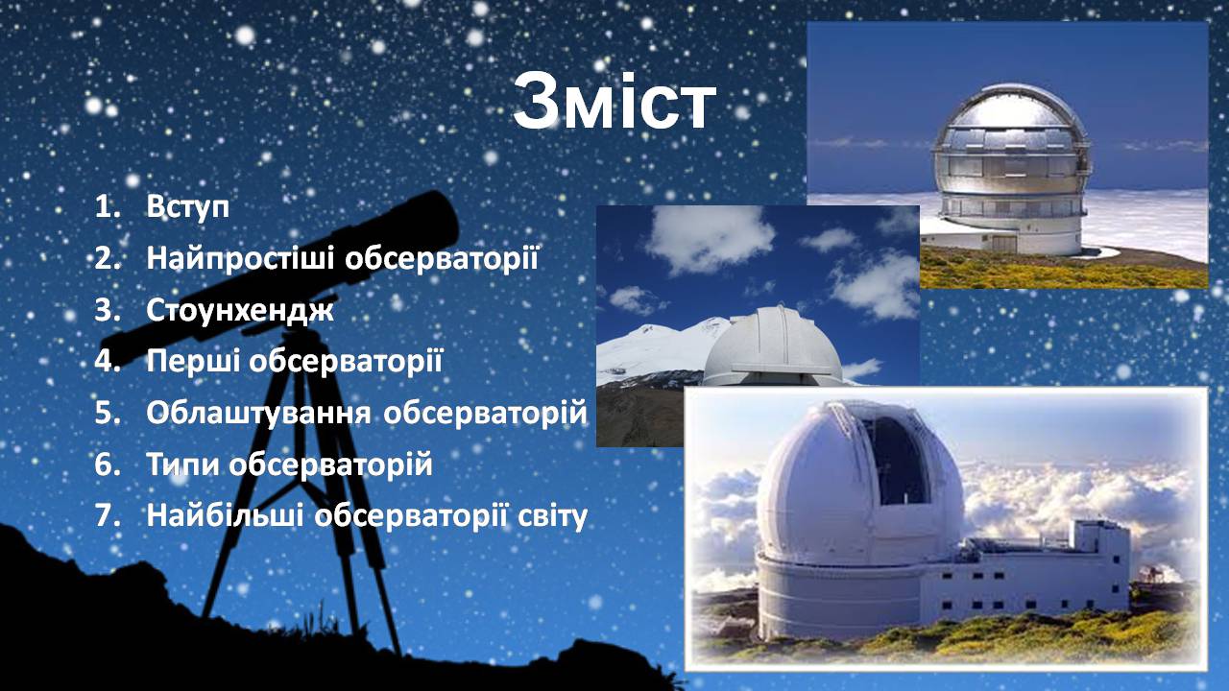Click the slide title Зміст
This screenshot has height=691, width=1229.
614,102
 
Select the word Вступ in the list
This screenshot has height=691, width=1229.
187,207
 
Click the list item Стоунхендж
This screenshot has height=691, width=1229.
240,310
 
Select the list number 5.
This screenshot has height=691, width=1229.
107,413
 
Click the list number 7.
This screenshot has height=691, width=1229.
107,516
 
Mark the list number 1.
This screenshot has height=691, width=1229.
107,207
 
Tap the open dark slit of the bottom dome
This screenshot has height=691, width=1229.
897,461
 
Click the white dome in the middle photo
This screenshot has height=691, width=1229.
773,346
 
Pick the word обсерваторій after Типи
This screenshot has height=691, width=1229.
331,465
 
